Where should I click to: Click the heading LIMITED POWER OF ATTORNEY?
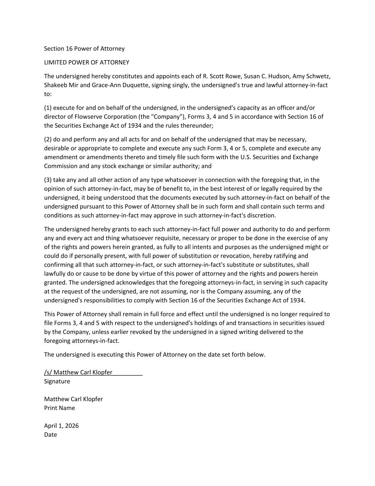click(x=86, y=63)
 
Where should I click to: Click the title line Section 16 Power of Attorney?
click(x=84, y=49)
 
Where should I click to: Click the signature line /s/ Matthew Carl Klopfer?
click(x=78, y=372)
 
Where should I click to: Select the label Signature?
click(x=57, y=381)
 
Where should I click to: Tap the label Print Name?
click(x=59, y=408)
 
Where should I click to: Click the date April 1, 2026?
click(x=61, y=426)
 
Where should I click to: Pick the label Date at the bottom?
click(x=50, y=435)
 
